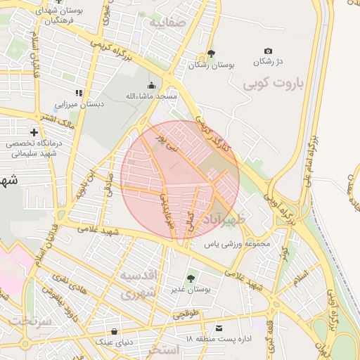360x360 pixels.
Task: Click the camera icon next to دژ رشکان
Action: (x=268, y=51)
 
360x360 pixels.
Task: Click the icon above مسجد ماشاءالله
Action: (x=151, y=84)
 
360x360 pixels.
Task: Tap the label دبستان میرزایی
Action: (x=79, y=104)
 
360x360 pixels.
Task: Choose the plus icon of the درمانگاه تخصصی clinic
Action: (x=34, y=132)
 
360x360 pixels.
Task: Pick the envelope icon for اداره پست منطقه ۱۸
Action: (x=219, y=328)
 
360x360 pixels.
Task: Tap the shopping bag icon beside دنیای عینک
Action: (x=114, y=331)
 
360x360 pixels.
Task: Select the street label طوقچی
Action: (x=187, y=309)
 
